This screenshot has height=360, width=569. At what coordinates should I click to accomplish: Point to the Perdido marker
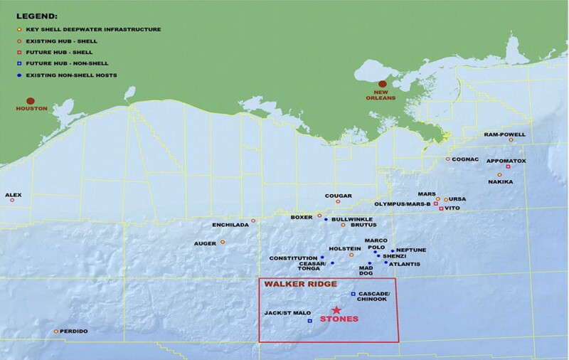click(55, 332)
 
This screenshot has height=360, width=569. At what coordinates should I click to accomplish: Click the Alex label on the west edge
click(14, 194)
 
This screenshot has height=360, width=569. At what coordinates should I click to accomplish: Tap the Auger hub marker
click(223, 243)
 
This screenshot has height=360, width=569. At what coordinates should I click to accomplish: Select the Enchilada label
click(231, 225)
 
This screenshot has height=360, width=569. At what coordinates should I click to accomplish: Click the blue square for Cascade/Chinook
click(353, 295)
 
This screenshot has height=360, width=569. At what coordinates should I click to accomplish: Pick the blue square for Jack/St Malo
click(310, 321)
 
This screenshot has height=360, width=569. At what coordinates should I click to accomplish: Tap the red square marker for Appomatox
click(508, 167)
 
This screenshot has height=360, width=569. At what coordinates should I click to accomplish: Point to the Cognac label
click(468, 159)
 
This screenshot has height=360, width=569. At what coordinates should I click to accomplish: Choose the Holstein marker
click(351, 254)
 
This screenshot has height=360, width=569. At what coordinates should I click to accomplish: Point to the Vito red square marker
click(442, 208)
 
